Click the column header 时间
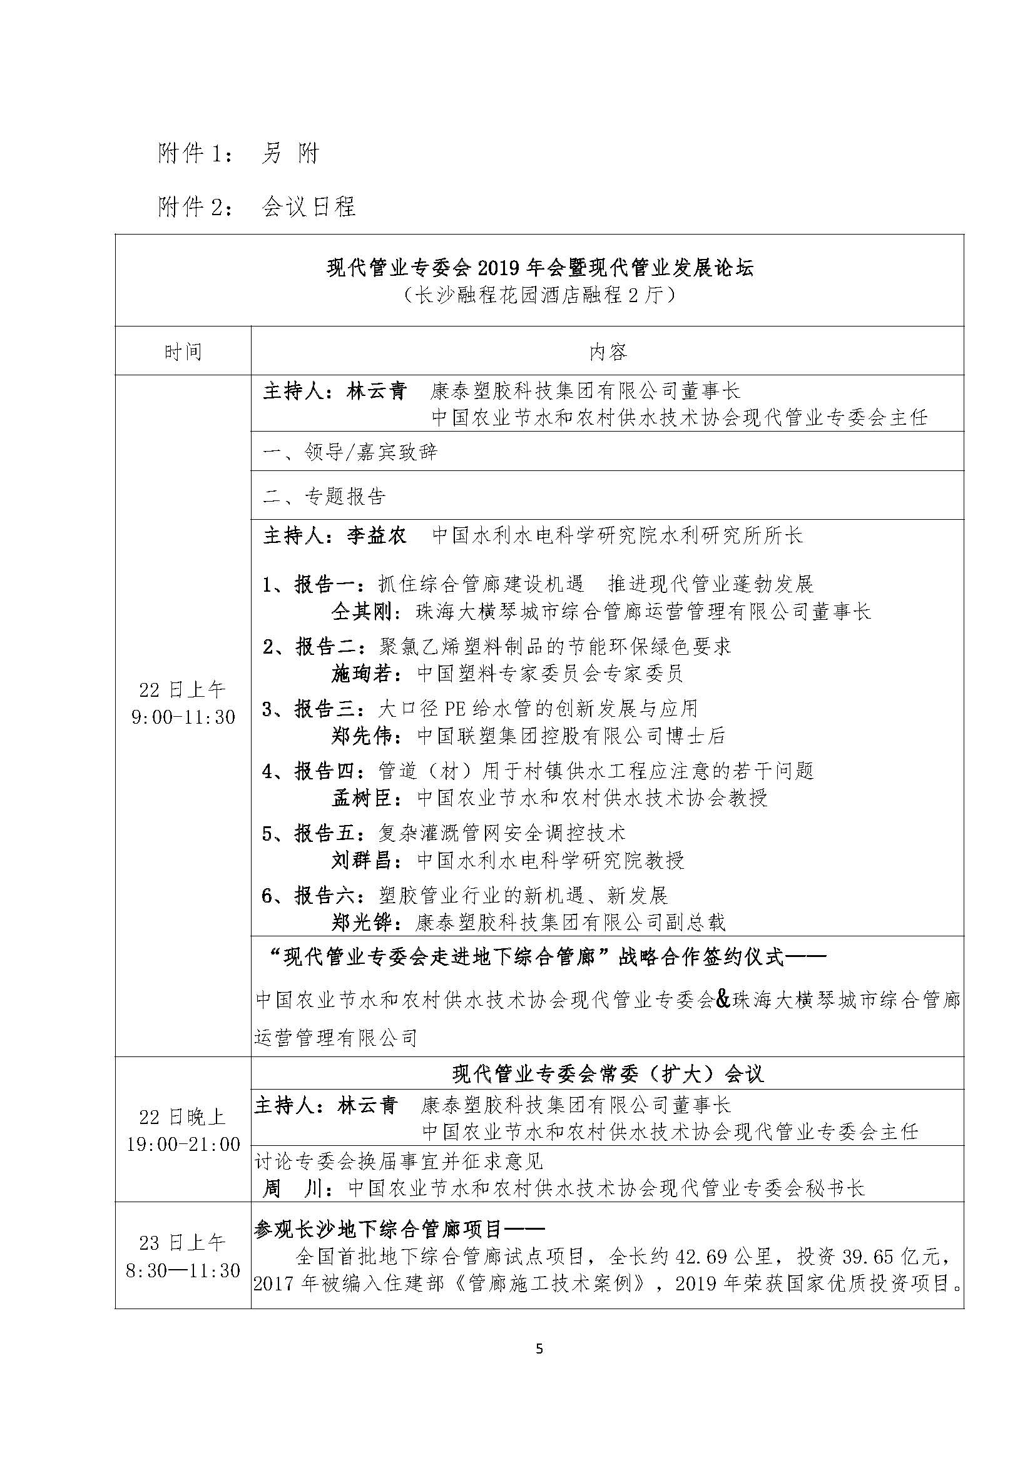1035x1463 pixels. tap(183, 352)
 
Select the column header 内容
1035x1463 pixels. tap(608, 352)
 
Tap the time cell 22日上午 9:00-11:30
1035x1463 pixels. tap(183, 703)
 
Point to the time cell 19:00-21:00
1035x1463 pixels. tap(183, 1145)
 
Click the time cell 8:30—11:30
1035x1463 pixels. tap(183, 1270)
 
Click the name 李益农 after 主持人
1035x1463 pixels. tap(377, 535)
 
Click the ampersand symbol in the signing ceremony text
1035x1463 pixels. tap(723, 999)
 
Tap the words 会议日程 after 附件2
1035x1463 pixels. tap(308, 206)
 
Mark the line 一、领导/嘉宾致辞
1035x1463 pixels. tap(350, 452)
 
